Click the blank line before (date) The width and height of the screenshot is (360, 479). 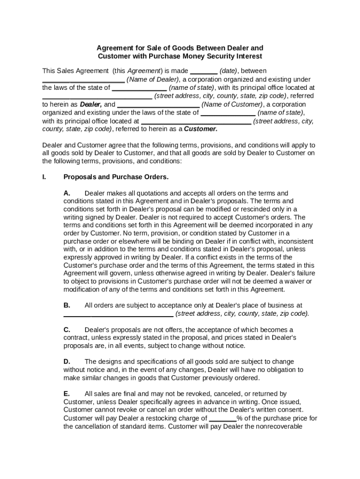tap(204, 71)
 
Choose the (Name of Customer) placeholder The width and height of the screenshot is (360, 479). tap(231, 104)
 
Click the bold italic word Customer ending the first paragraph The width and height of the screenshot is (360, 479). tap(201, 129)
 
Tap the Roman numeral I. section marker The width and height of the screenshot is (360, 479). tap(44, 177)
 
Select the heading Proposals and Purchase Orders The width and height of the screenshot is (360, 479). tap(116, 177)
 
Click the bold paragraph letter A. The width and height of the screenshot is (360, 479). tap(67, 193)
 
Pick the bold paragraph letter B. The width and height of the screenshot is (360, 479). tap(67, 305)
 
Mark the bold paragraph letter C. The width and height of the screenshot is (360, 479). tap(67, 330)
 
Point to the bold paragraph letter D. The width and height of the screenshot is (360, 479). tap(67, 362)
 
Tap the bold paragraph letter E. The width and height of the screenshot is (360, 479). tap(67, 394)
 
